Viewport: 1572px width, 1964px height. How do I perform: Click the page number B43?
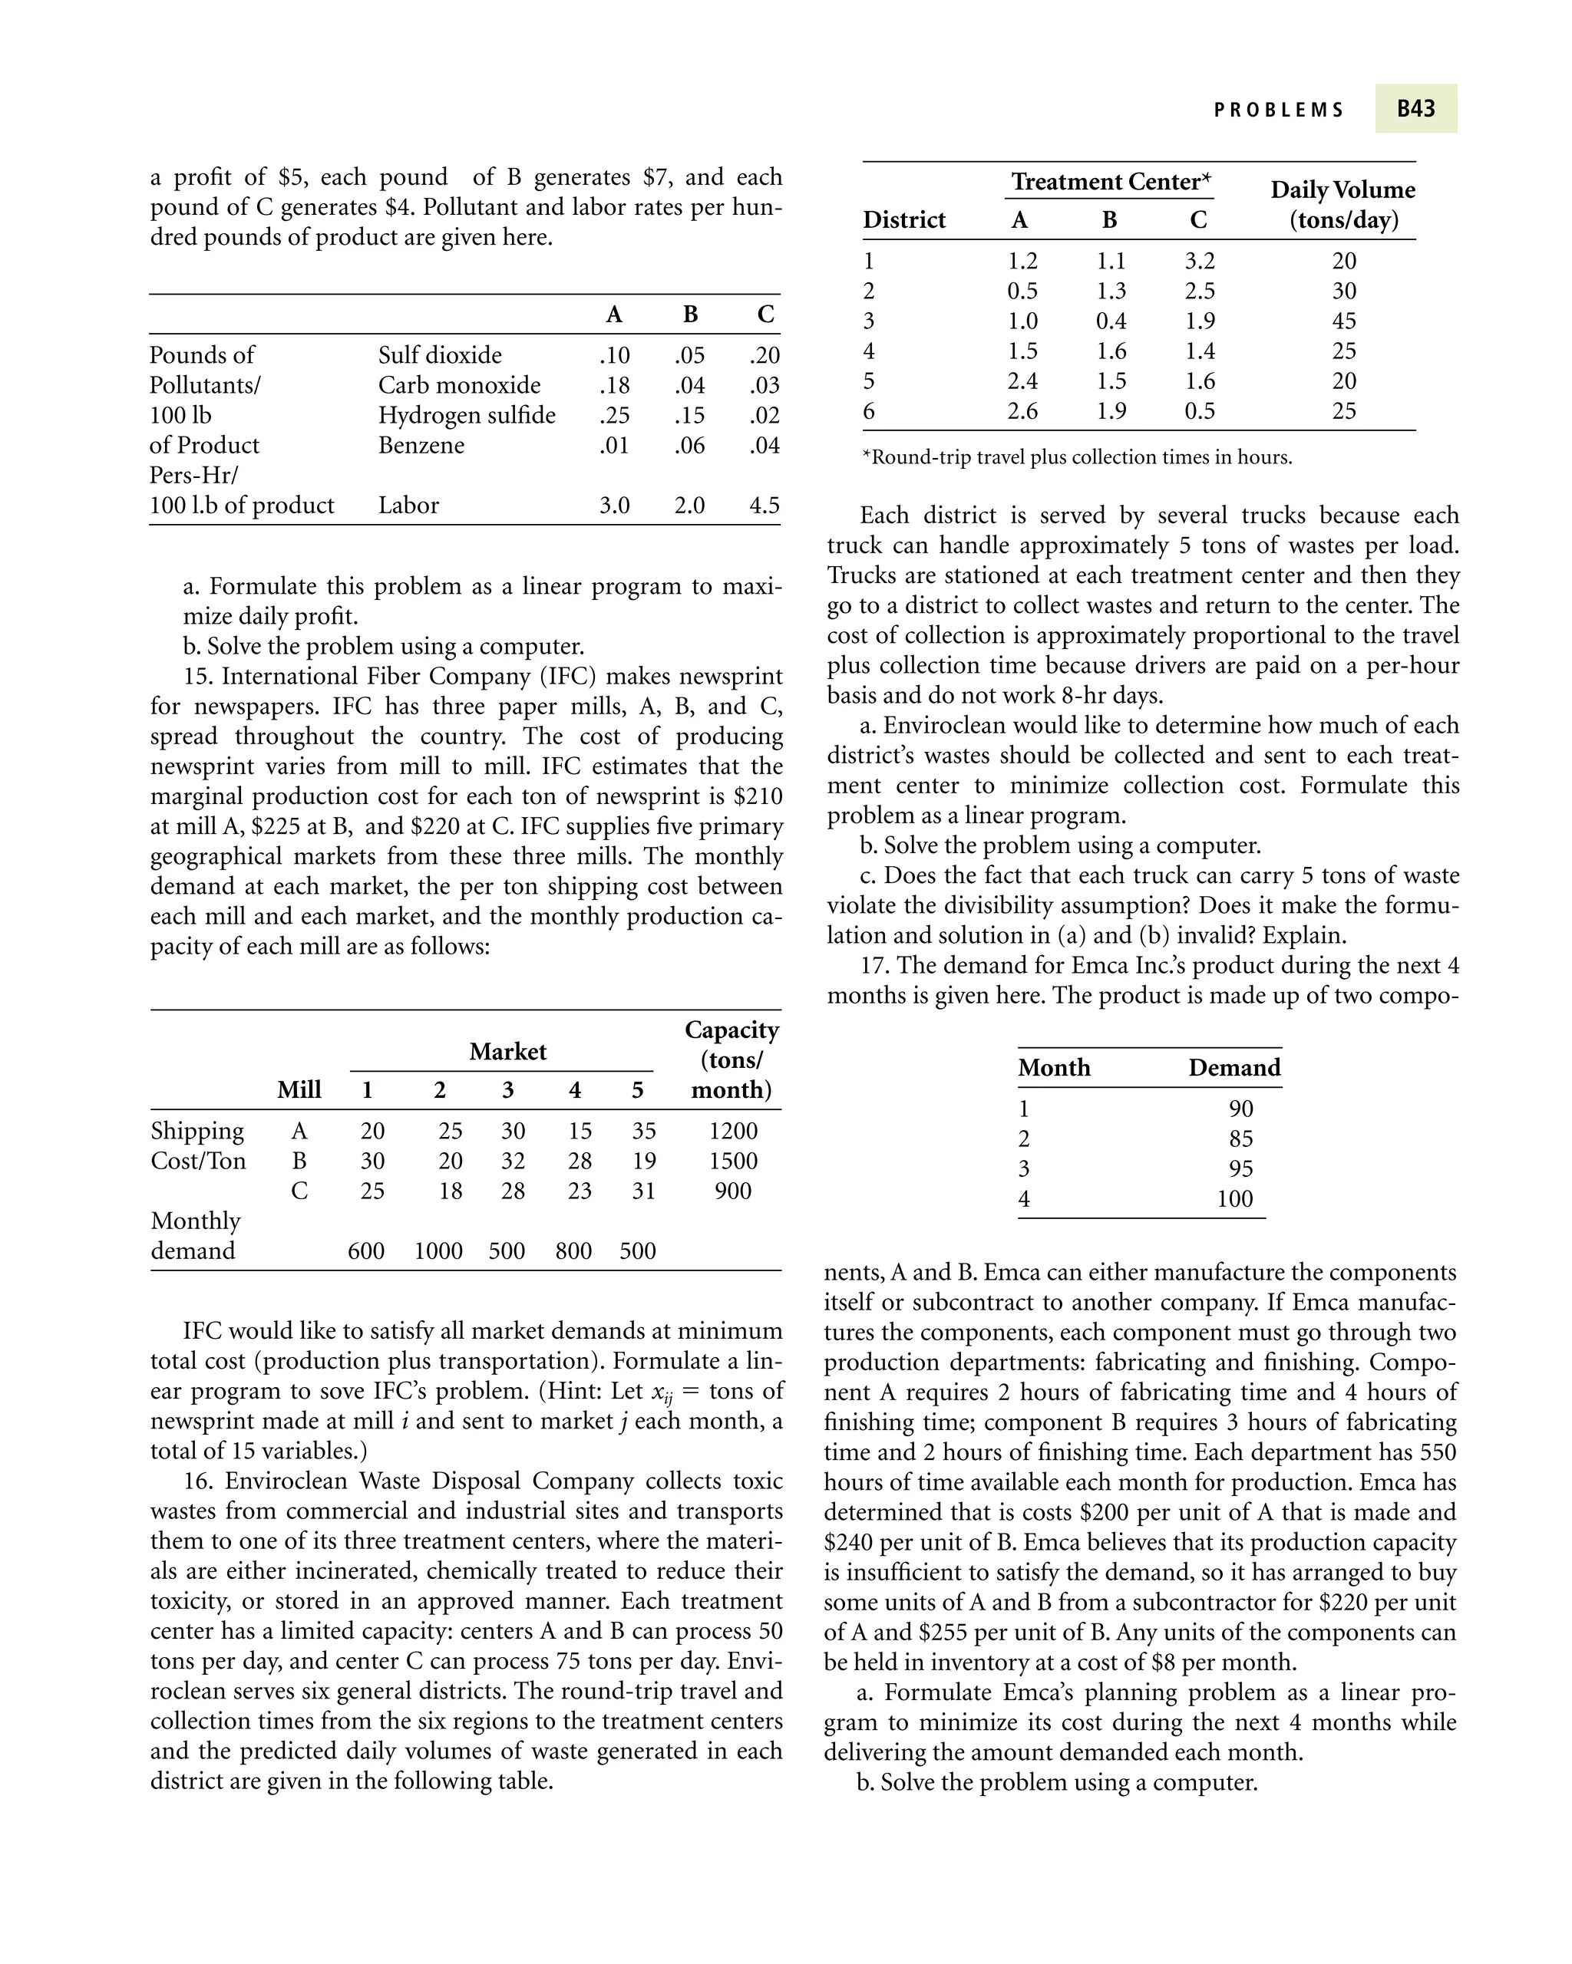point(1415,108)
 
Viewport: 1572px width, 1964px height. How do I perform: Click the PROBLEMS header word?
point(1279,110)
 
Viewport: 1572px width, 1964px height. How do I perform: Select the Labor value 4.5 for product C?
point(764,505)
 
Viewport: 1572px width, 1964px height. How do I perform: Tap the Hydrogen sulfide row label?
point(467,414)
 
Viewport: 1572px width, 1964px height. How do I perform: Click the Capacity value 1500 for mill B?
point(733,1161)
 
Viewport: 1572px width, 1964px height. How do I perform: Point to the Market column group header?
point(507,1051)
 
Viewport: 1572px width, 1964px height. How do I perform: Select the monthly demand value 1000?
point(438,1251)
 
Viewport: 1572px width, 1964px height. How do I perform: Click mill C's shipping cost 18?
point(450,1191)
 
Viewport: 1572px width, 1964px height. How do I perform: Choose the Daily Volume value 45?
point(1343,321)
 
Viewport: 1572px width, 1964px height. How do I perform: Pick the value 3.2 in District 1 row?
point(1199,261)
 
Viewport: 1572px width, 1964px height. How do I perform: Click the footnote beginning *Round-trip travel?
point(1076,457)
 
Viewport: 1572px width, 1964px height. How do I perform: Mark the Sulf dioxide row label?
point(439,354)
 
